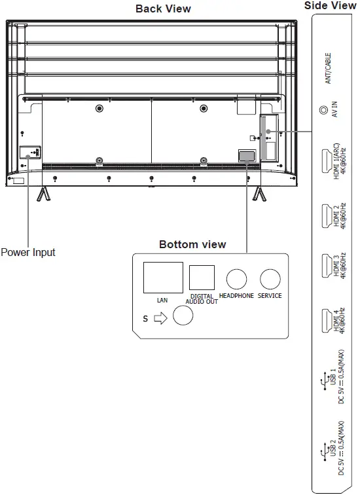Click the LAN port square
163,278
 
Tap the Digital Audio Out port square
202,278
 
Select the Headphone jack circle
236,279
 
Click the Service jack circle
270,279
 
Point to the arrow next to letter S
160,318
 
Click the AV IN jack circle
324,110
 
